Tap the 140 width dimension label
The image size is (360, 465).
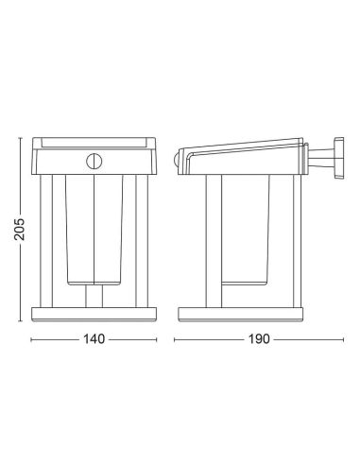93,338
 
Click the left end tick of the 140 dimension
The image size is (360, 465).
33,338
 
